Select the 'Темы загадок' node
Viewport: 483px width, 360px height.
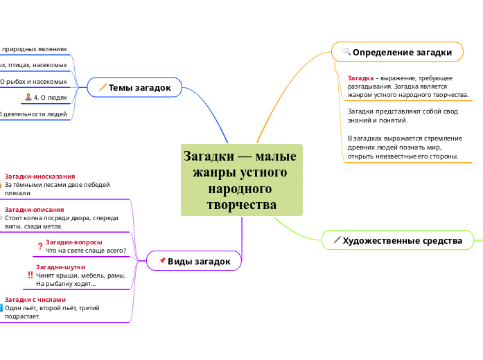click(139, 87)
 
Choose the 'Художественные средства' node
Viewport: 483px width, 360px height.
click(402, 240)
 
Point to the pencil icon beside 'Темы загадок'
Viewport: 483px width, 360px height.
click(103, 87)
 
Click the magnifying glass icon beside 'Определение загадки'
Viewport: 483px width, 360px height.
click(346, 52)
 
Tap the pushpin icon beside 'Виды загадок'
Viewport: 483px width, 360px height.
click(162, 261)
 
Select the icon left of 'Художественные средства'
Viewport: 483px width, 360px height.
click(337, 240)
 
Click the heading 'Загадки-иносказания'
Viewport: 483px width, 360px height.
click(39, 177)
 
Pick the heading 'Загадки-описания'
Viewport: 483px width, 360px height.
click(34, 209)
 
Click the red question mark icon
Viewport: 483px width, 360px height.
click(39, 246)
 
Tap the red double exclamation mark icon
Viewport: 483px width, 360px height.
click(30, 275)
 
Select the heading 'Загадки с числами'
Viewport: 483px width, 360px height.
click(35, 300)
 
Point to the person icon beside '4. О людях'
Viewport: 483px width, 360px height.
click(28, 98)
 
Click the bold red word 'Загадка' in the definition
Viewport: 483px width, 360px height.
click(360, 78)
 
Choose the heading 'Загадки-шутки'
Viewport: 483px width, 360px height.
click(60, 267)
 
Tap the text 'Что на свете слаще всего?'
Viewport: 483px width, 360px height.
click(85, 250)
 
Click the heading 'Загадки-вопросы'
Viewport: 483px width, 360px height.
click(73, 242)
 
